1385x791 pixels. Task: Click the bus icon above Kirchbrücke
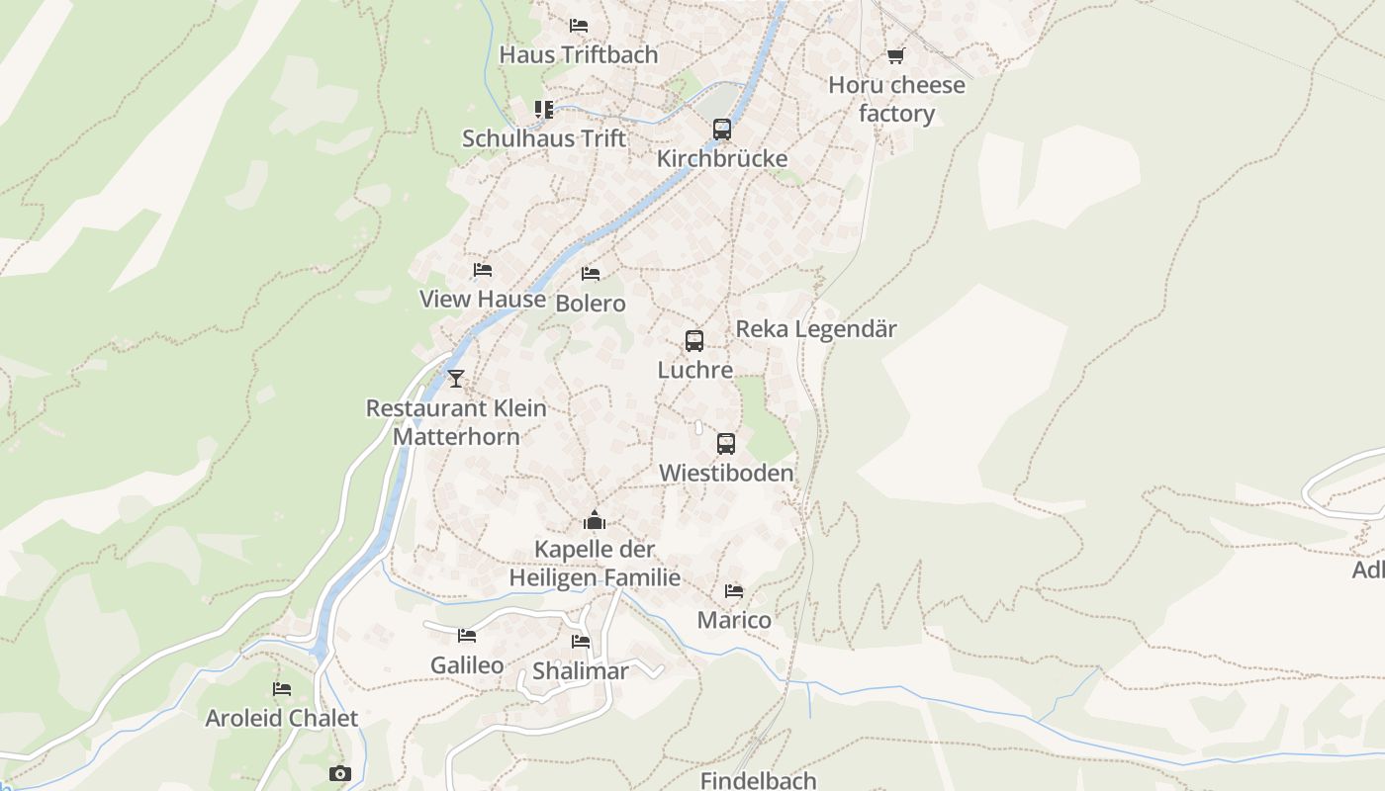click(x=722, y=129)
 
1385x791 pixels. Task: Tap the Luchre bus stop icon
click(x=694, y=341)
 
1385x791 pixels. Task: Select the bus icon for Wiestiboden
click(x=726, y=444)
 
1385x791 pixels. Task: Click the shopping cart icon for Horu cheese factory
click(x=895, y=55)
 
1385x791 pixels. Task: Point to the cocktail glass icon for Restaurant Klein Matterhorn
click(x=455, y=378)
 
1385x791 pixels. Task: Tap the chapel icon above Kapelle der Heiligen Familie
click(x=594, y=519)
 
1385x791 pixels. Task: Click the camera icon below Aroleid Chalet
click(x=340, y=773)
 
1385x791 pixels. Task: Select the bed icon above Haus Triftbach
click(x=579, y=25)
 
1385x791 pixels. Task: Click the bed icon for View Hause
click(x=483, y=269)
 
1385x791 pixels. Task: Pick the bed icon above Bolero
click(x=591, y=273)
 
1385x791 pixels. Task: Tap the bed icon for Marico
click(x=734, y=590)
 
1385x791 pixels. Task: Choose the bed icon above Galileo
click(x=467, y=635)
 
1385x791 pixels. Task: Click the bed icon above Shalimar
click(x=581, y=642)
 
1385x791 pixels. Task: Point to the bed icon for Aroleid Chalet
click(x=282, y=688)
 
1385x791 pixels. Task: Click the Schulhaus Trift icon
click(x=544, y=109)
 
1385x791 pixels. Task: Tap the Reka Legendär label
click(x=816, y=329)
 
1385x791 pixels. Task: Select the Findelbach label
click(x=759, y=780)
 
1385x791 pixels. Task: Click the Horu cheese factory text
click(x=896, y=99)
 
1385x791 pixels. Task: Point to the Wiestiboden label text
click(x=726, y=473)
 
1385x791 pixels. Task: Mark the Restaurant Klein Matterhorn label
click(x=456, y=421)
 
